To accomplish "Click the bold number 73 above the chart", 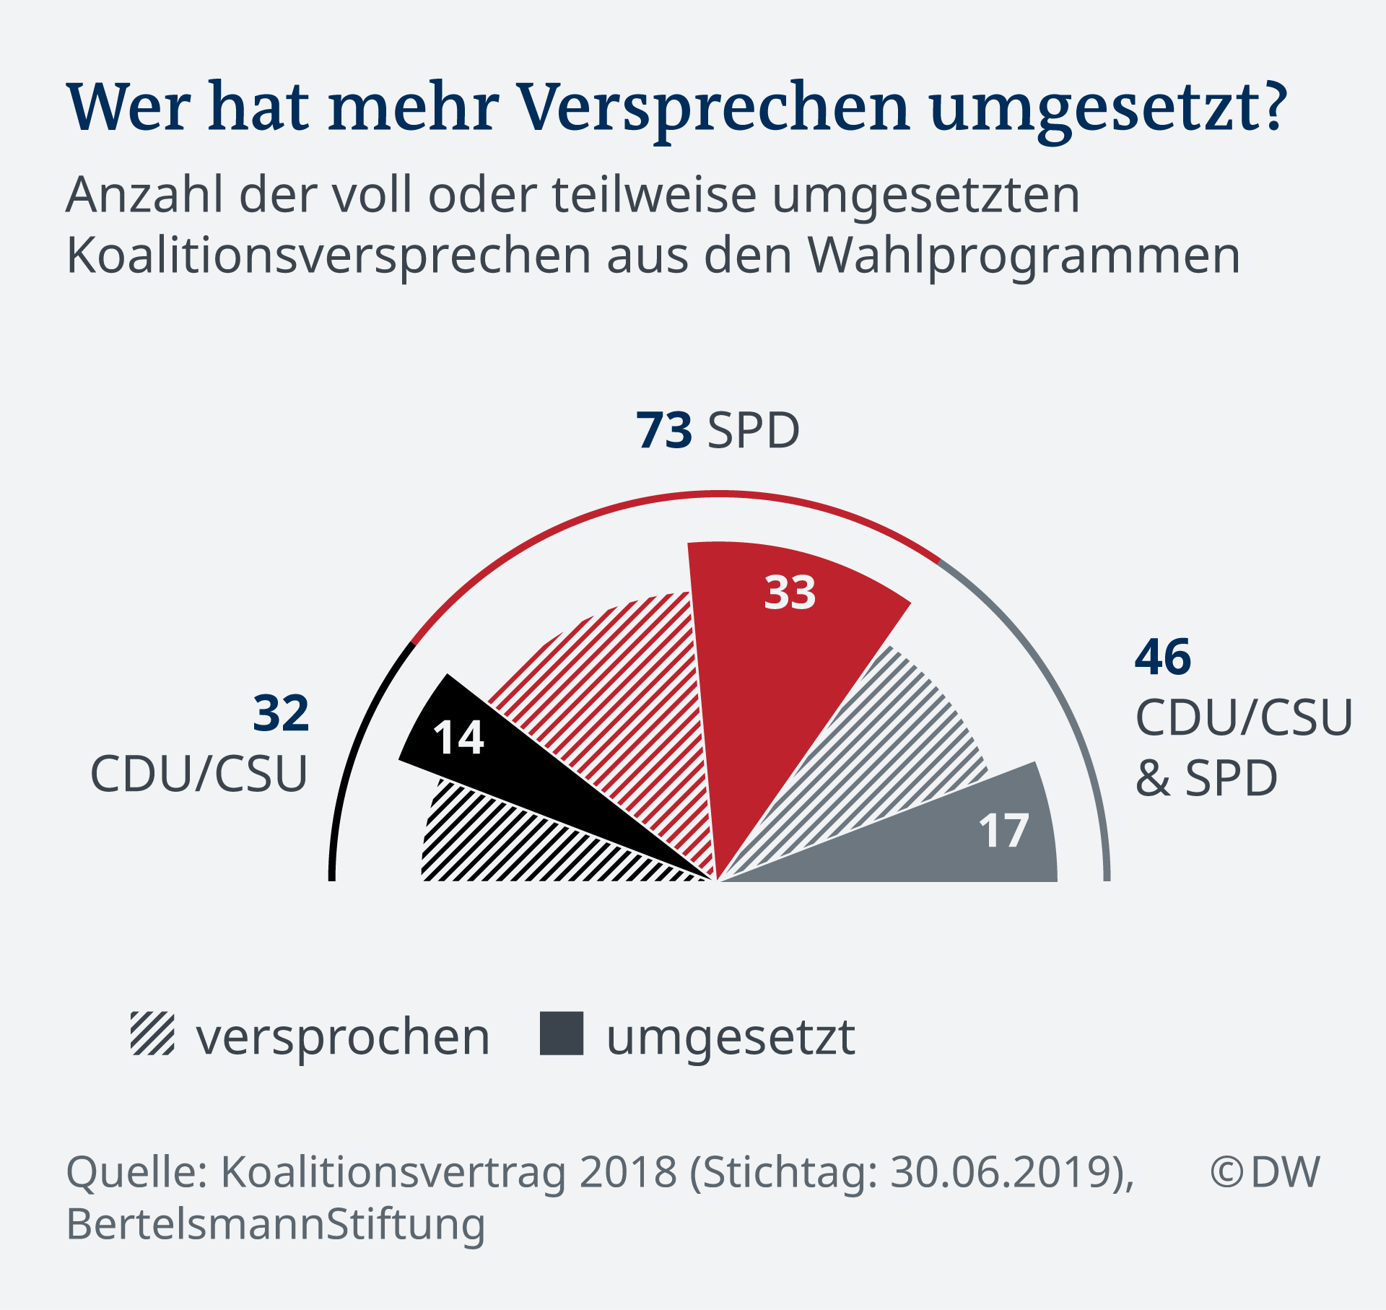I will tap(664, 431).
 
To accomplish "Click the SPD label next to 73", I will tap(754, 431).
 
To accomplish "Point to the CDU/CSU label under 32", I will tap(199, 774).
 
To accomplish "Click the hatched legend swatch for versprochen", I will tap(152, 1034).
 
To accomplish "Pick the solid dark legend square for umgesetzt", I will tap(562, 1034).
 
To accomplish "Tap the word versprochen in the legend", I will tap(343, 1038).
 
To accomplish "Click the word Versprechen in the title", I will tap(715, 108).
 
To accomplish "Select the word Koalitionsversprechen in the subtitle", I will tap(328, 256).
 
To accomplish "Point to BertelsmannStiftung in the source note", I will tap(276, 1224).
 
